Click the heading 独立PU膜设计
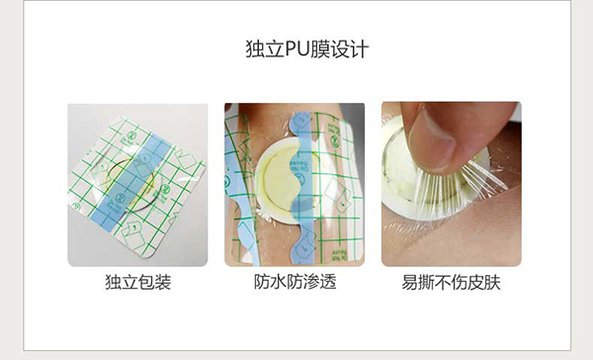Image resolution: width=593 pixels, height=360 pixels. [x=296, y=48]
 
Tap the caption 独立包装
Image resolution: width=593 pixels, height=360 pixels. [x=137, y=283]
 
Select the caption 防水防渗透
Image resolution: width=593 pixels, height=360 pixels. [x=295, y=283]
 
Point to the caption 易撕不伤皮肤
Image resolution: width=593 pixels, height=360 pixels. [x=452, y=283]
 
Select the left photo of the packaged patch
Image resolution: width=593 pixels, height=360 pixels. [x=137, y=184]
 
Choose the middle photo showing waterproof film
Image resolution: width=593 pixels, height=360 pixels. [x=295, y=184]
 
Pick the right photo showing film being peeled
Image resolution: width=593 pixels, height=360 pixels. [x=452, y=184]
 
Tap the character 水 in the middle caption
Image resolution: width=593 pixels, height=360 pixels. [x=278, y=283]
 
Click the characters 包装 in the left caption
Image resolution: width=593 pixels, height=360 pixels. [x=154, y=283]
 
